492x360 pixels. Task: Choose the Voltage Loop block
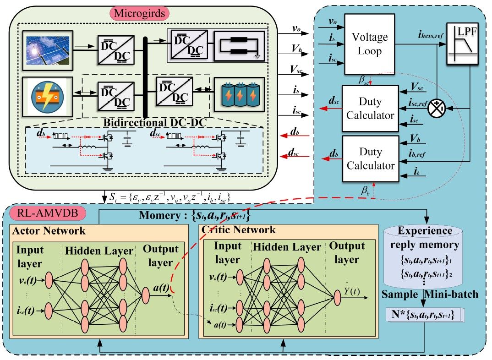pyautogui.click(x=370, y=44)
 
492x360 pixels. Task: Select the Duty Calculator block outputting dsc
pyautogui.click(x=370, y=109)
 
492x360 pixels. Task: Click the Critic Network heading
pyautogui.click(x=238, y=229)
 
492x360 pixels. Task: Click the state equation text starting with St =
pyautogui.click(x=169, y=197)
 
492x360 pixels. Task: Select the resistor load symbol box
pyautogui.click(x=239, y=45)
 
